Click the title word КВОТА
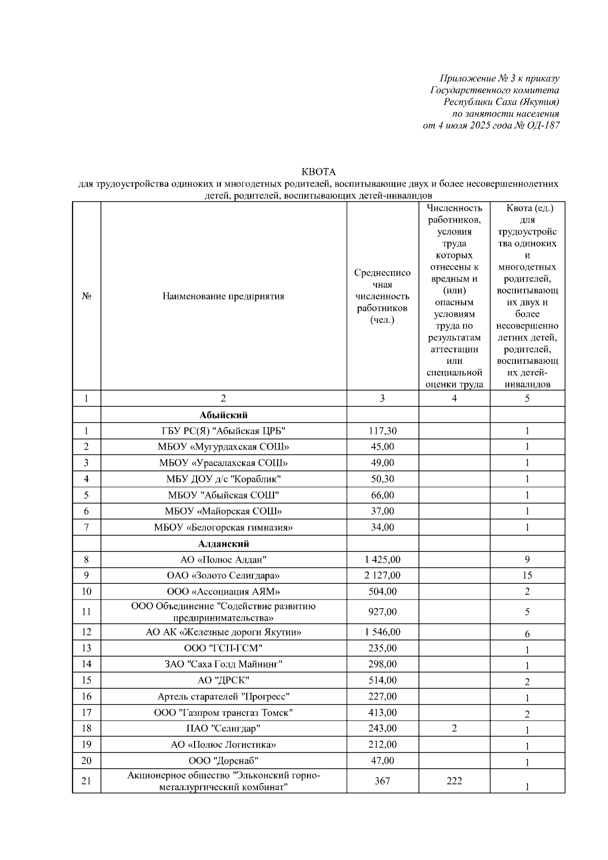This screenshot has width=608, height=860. tap(319, 172)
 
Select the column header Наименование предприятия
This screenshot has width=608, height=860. tap(223, 296)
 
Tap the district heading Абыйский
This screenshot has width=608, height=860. tap(223, 415)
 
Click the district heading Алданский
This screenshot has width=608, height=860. tap(223, 544)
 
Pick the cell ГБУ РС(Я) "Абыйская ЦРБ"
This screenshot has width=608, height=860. tap(223, 431)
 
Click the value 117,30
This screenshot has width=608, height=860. tap(383, 431)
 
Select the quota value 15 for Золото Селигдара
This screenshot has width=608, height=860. tap(527, 576)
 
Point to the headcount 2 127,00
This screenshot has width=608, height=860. tap(383, 576)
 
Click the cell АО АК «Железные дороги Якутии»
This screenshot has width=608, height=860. tap(223, 632)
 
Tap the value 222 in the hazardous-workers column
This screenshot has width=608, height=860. tap(454, 781)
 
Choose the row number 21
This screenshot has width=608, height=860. tap(86, 781)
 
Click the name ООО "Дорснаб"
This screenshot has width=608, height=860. tap(223, 761)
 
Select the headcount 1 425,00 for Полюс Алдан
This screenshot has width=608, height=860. tap(383, 560)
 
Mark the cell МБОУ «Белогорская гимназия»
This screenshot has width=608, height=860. tap(223, 528)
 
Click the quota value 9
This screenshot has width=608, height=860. tap(527, 560)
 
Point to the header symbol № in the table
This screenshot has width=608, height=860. tap(86, 296)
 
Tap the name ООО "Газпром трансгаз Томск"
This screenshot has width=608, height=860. tap(223, 713)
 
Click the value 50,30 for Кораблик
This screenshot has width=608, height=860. tap(383, 479)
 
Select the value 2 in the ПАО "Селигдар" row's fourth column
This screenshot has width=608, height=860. tap(454, 728)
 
